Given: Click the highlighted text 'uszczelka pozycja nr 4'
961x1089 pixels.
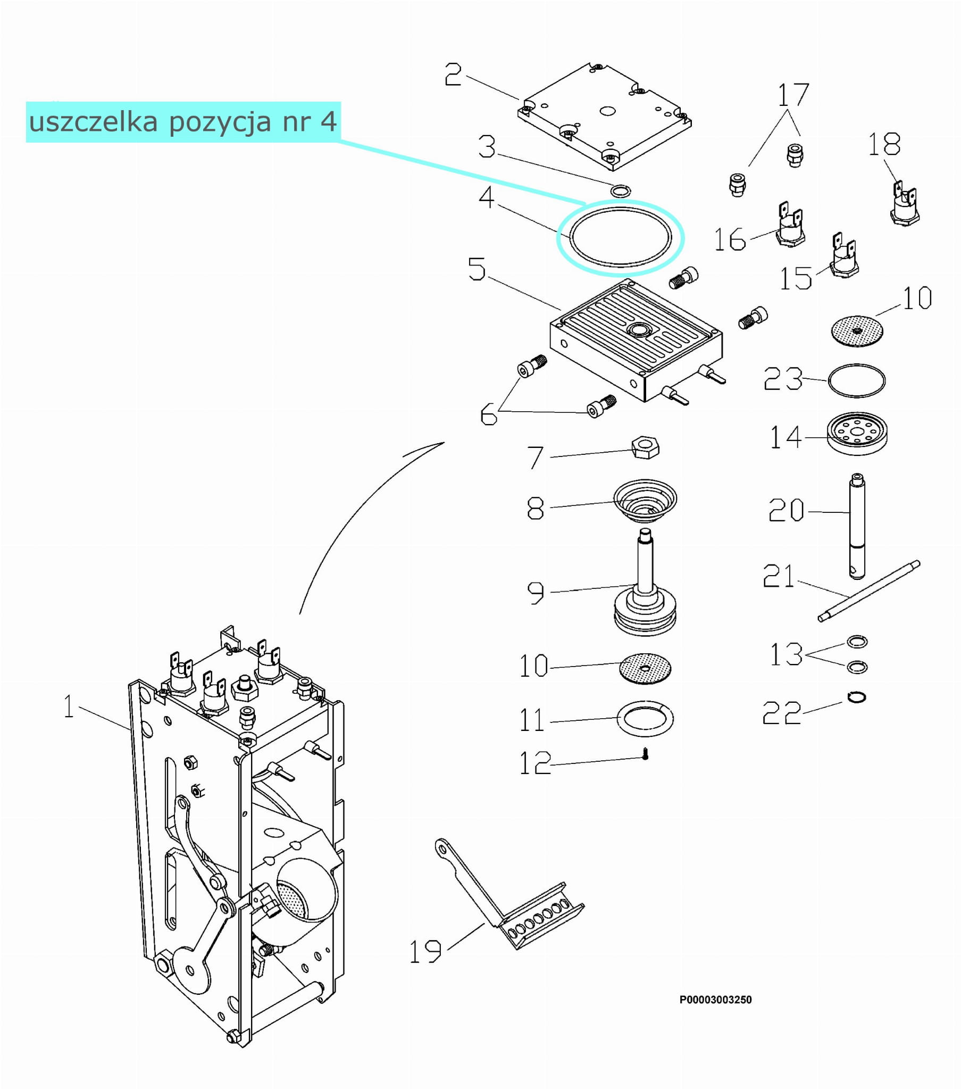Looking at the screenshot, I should click(x=183, y=121).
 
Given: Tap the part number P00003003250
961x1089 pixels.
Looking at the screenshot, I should click(x=715, y=1000).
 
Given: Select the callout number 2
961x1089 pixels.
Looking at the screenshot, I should click(x=453, y=74).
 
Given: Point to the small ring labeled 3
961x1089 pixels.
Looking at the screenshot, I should click(x=621, y=190).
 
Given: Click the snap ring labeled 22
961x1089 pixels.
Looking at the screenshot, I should click(x=857, y=697).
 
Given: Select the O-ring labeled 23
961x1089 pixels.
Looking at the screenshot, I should click(x=857, y=380).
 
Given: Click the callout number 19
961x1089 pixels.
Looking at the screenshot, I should click(x=425, y=952).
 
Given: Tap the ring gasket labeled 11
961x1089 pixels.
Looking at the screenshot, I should click(x=645, y=718).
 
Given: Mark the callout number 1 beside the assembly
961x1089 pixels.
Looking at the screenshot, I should click(x=69, y=706).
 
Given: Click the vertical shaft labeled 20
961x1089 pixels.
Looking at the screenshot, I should click(x=857, y=525).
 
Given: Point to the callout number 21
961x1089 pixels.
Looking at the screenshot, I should click(x=778, y=577).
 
